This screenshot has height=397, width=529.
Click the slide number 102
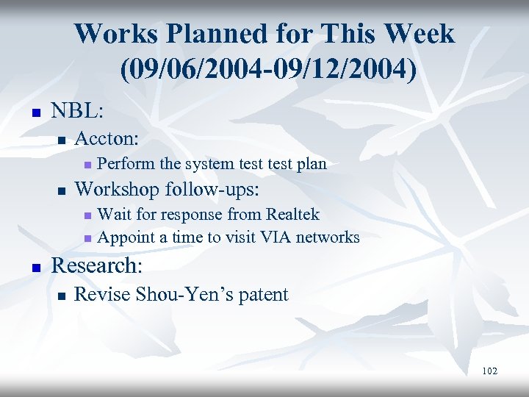pos(489,371)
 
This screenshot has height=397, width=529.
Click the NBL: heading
pos(77,112)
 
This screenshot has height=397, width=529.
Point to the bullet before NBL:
pos(33,113)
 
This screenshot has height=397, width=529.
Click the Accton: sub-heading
pos(108,138)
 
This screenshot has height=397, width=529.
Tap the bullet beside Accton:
pos(62,140)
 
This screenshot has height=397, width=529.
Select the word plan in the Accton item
pos(311,164)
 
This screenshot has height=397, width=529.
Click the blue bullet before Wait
pos(87,215)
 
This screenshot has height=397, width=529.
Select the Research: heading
pos(96,265)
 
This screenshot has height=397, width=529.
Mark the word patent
pos(262,296)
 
